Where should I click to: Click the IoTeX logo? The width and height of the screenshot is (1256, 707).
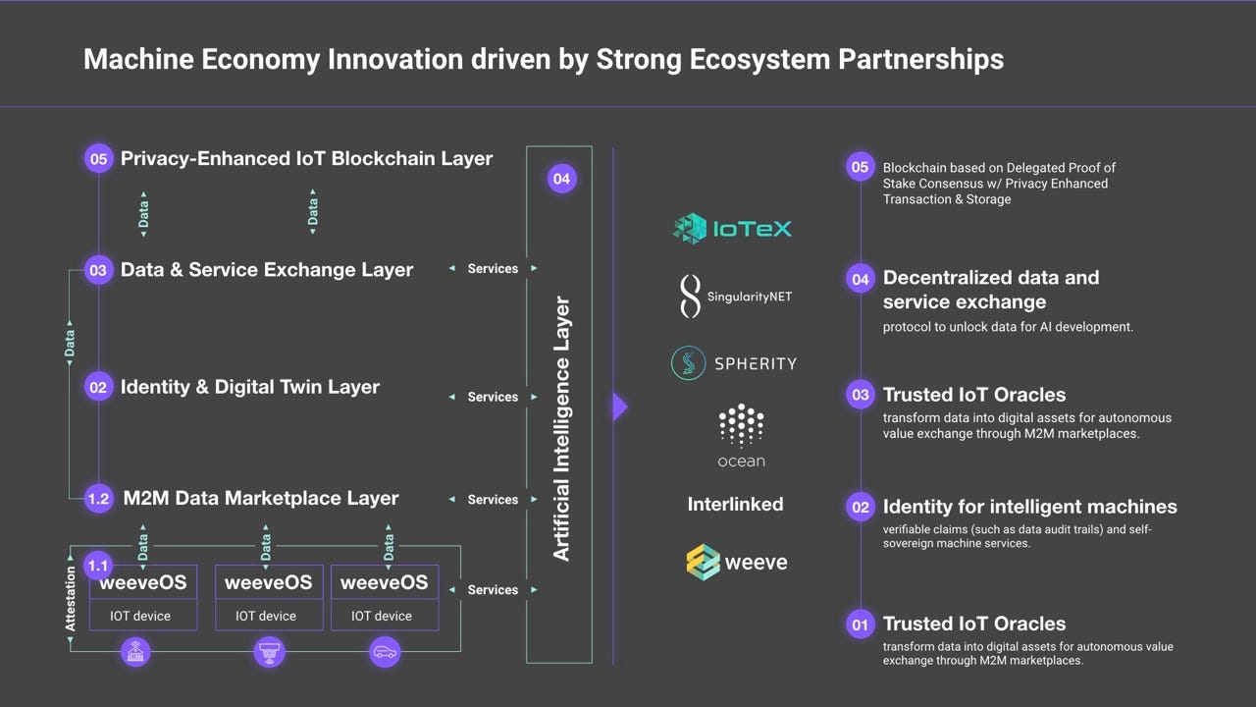pos(732,229)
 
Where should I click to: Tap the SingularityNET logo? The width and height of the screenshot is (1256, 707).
pos(736,296)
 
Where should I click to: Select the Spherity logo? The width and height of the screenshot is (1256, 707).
pos(734,363)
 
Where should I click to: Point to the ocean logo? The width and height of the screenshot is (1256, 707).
pos(741,436)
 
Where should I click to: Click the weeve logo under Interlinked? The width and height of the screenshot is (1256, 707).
pos(736,562)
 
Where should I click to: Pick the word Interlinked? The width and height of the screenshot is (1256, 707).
pos(735,505)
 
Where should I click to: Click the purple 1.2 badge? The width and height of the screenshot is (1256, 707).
pos(98,499)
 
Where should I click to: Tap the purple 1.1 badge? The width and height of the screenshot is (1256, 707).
pos(98,566)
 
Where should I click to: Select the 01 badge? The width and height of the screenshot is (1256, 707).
pos(860,624)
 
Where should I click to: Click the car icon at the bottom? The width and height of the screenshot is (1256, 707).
pos(385,652)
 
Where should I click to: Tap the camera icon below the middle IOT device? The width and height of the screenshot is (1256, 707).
pos(269,652)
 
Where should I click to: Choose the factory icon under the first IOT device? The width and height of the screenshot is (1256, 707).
pos(137,652)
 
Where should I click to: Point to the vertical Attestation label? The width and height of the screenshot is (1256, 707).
pos(70,599)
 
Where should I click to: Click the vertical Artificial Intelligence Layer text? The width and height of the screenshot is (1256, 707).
pos(561,429)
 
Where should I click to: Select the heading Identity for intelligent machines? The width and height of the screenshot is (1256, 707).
pos(1029,507)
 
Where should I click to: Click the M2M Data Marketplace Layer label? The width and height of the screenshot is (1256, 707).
pos(261,499)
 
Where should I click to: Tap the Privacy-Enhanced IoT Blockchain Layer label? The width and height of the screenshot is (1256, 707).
pos(306,158)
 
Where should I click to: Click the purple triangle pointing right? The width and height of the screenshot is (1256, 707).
pos(619,407)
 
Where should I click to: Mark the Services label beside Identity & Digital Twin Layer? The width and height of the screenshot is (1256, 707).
pos(493,397)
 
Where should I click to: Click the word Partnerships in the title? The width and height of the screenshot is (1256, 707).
pos(920,59)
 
